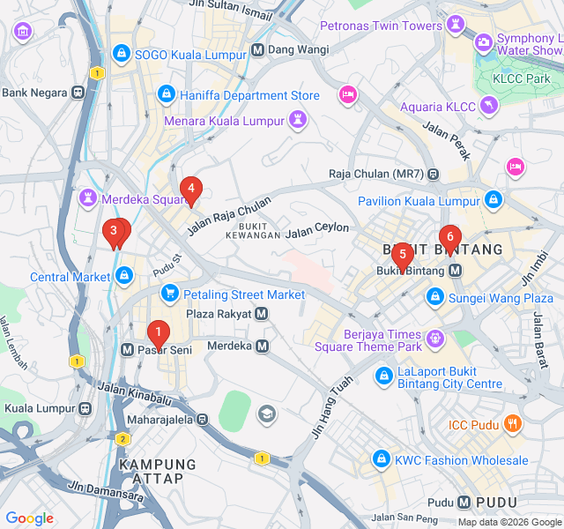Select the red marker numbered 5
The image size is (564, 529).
coord(402,256)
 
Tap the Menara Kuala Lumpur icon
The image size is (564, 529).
coord(300,119)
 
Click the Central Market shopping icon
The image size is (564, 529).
coord(125,277)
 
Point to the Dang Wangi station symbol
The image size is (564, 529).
coord(257,50)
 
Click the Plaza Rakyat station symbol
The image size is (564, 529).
coord(262,314)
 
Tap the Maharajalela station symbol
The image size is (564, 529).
coord(203,420)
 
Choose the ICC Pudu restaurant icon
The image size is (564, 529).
coord(513,425)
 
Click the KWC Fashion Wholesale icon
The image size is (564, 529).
coord(381,459)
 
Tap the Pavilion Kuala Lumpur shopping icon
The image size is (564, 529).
coord(493,201)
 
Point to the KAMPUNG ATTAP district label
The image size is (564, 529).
coord(158,472)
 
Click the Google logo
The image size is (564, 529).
coord(30,518)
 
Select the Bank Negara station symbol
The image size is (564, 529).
coord(78,92)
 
